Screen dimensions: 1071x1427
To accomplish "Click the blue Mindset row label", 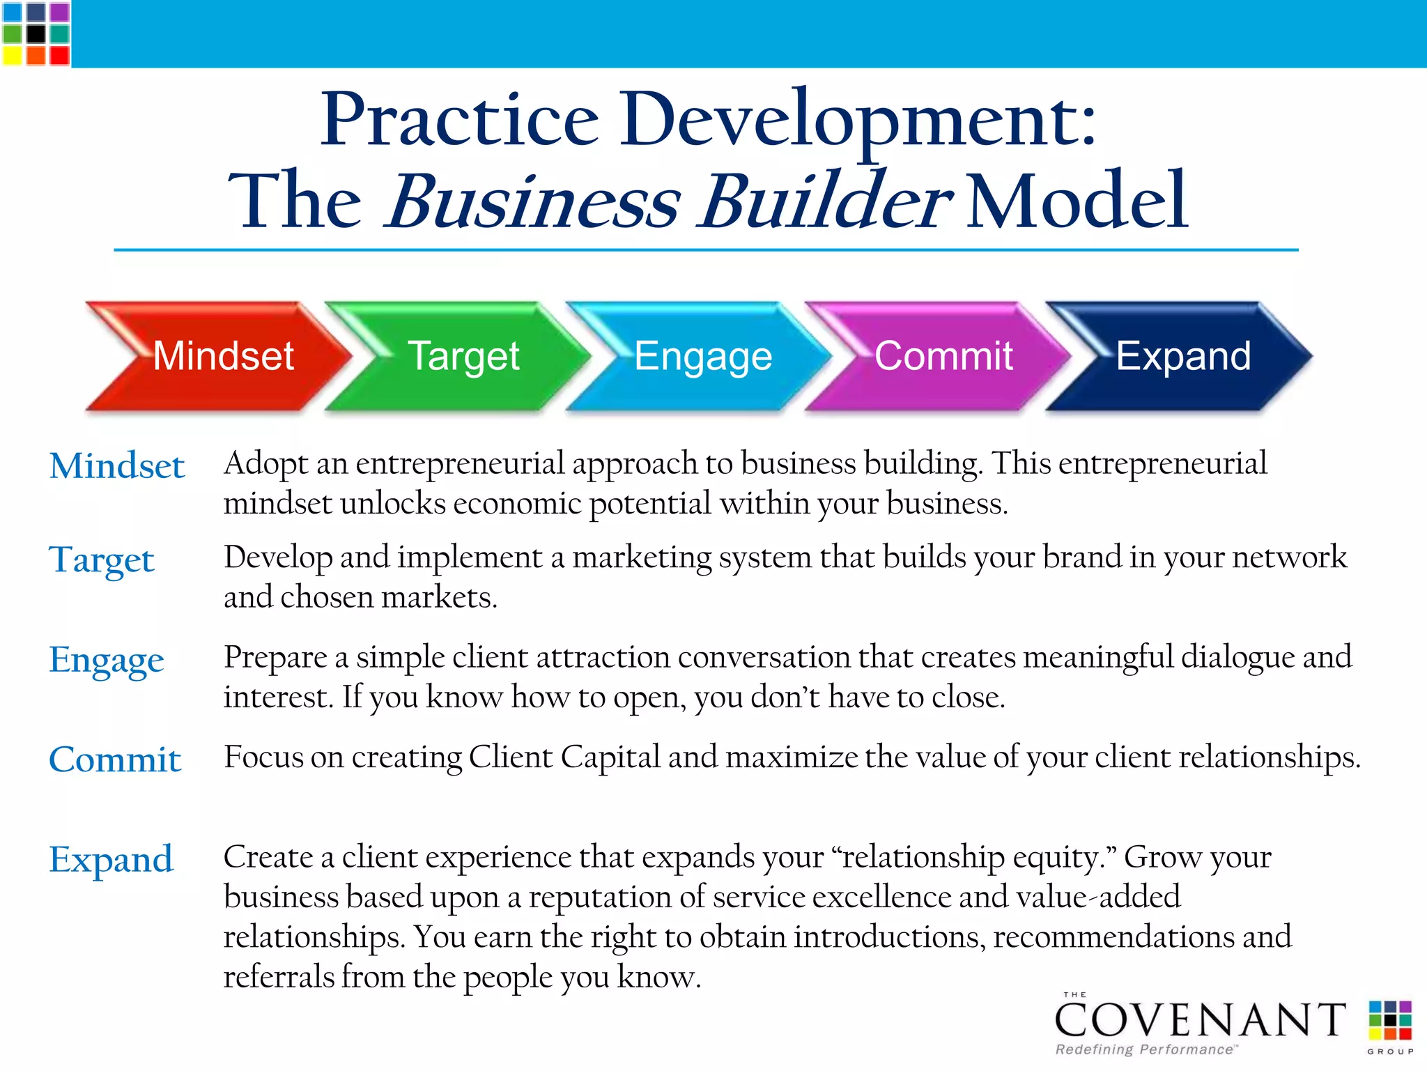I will coord(116,465).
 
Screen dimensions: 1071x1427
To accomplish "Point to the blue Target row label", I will coord(102,560).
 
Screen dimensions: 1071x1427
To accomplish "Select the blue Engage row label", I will coord(107,659).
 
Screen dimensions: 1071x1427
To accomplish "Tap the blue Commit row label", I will coord(115,759).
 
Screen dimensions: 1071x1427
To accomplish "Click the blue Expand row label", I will coord(111,859).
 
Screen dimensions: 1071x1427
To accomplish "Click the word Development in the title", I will coord(857,120).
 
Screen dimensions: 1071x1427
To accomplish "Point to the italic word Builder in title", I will coord(826,201).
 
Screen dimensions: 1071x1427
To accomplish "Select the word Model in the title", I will coord(1077,201).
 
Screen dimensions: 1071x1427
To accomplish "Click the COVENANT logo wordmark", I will coord(1201,1020).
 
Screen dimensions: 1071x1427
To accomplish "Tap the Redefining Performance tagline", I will coord(1146,1049).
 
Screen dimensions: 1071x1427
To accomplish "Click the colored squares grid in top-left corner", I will coord(36,33).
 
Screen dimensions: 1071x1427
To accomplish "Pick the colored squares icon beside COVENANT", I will coord(1389,1019).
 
